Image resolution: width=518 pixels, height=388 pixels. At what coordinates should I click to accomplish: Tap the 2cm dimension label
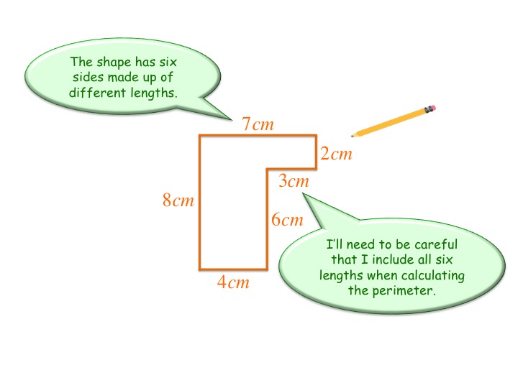point(336,154)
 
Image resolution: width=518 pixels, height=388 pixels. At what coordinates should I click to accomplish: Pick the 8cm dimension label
point(178,200)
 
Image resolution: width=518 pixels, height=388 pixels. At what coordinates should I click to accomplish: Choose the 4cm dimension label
point(233,282)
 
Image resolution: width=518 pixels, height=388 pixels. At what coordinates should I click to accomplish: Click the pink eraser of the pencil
point(432,109)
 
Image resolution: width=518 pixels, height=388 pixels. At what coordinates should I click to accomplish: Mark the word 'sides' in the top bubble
point(88,78)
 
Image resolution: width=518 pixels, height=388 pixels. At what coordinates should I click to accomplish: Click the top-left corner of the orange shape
point(200,136)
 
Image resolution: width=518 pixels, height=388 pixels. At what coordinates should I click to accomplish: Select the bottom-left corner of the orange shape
point(200,268)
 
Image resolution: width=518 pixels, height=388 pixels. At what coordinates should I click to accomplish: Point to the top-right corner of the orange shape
point(316,136)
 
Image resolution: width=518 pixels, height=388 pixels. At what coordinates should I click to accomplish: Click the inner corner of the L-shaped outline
point(268,170)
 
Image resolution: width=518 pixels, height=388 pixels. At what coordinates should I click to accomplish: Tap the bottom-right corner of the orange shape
point(268,268)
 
